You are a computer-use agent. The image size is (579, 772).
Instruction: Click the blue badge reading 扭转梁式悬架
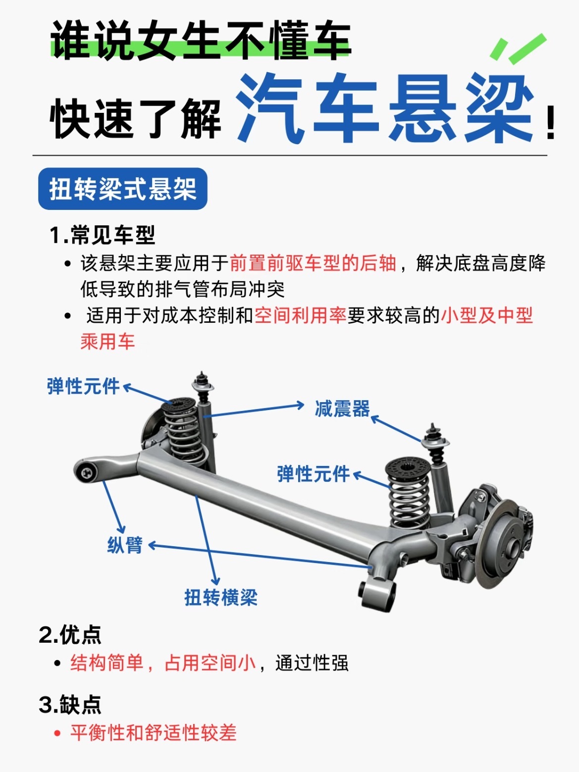[122, 189]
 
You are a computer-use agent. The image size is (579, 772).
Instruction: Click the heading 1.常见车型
[102, 235]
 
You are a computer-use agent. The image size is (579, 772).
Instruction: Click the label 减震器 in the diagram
[342, 409]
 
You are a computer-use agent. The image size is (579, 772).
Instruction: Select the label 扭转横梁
[221, 597]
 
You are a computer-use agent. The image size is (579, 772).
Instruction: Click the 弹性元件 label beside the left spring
[83, 386]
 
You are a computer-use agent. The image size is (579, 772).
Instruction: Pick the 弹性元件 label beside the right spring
[314, 474]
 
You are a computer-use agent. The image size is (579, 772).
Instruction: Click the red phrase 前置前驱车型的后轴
[313, 263]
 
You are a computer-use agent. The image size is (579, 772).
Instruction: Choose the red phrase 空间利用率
[301, 315]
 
